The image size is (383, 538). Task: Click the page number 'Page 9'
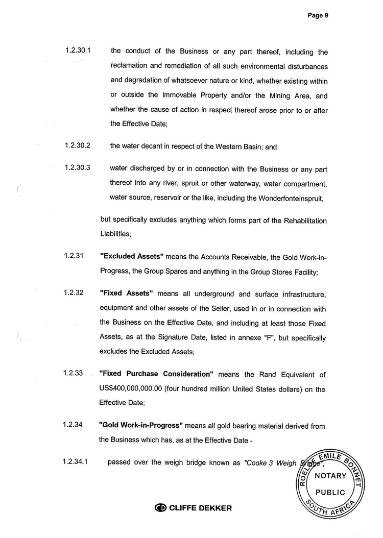[318, 15]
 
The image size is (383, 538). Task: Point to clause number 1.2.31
[74, 255]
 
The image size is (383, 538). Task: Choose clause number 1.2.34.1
[75, 462]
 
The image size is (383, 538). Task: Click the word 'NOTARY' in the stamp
[330, 476]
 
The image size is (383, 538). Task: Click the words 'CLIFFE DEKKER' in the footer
[200, 508]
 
